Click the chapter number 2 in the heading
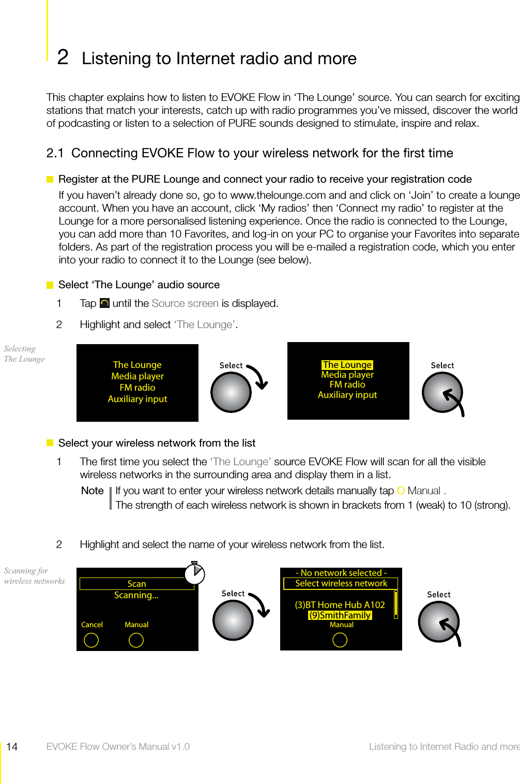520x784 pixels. click(x=63, y=57)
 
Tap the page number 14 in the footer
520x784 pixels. click(x=12, y=746)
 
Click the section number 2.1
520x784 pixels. click(x=55, y=153)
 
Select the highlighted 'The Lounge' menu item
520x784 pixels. click(x=347, y=365)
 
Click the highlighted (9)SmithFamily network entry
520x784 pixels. click(x=340, y=615)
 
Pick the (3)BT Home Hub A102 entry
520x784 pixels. click(x=340, y=605)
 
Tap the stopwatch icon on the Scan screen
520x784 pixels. click(x=195, y=573)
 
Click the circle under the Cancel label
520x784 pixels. click(x=91, y=640)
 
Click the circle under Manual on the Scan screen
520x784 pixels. click(x=136, y=640)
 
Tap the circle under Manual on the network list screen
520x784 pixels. click(x=340, y=640)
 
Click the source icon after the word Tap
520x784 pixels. click(x=104, y=303)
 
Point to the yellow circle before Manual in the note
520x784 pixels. click(x=401, y=491)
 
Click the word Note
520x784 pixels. click(x=93, y=491)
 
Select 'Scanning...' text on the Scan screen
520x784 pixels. click(x=136, y=595)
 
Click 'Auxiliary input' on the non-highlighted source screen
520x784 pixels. click(x=137, y=399)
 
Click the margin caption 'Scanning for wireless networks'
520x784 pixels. click(x=34, y=575)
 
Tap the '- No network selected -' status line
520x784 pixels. click(x=341, y=573)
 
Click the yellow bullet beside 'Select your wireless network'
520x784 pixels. click(x=50, y=443)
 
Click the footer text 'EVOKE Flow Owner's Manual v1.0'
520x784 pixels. click(x=118, y=746)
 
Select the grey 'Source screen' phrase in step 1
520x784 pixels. click(x=185, y=303)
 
